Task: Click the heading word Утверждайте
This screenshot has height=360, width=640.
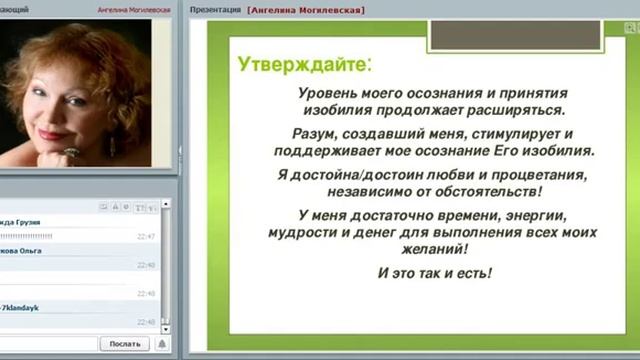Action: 301,65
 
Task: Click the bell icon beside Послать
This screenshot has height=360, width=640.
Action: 162,344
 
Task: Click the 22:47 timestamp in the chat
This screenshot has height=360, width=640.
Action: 146,236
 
